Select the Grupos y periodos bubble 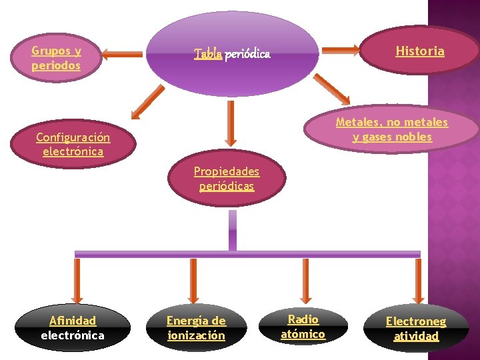click(x=56, y=58)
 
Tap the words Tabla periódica click(x=232, y=54)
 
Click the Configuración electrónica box click(x=73, y=144)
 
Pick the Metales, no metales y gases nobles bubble click(x=392, y=129)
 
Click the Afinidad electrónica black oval click(x=73, y=328)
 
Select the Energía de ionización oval click(x=196, y=328)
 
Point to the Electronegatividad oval click(x=416, y=328)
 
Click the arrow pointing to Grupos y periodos click(x=123, y=54)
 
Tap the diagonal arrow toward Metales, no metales click(x=331, y=89)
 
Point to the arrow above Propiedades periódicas click(x=231, y=123)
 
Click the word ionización click(x=196, y=335)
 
